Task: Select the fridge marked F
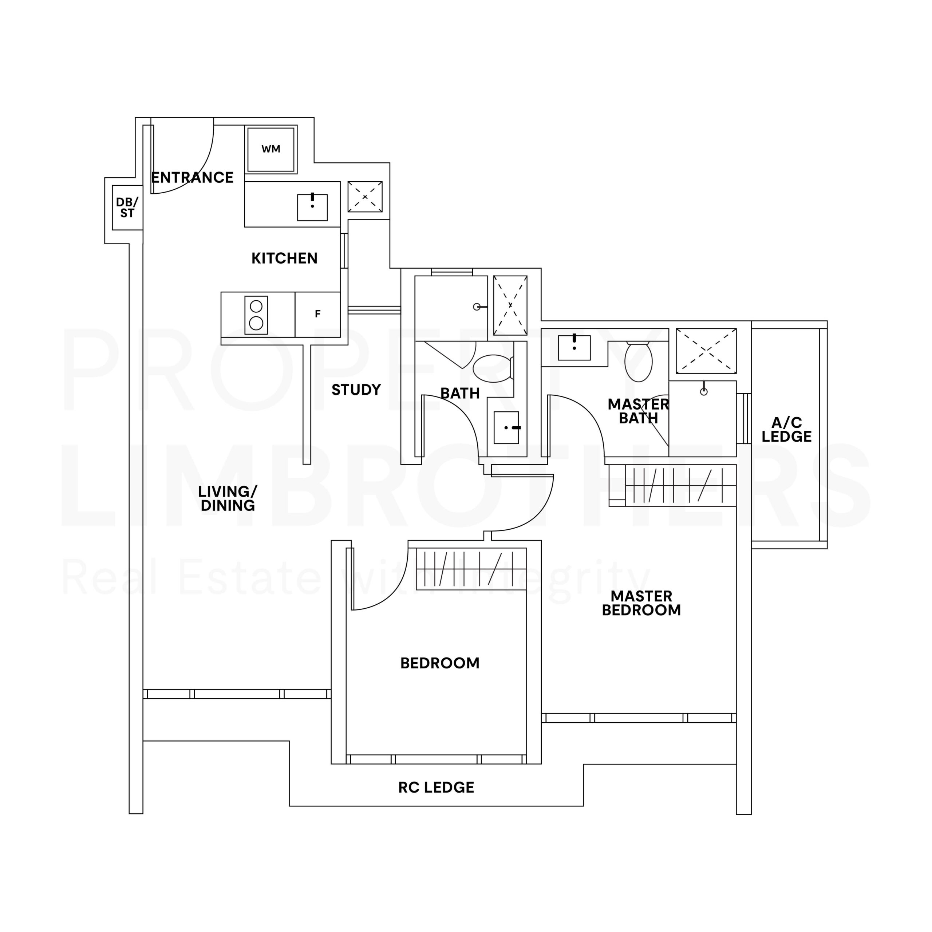tap(317, 314)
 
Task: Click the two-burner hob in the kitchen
tap(256, 315)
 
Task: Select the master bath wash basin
tap(574, 348)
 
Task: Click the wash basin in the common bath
tap(506, 427)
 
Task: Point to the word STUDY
tap(356, 390)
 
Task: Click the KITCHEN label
tap(285, 258)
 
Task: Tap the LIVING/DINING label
tap(228, 498)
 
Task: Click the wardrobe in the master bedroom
tap(672, 485)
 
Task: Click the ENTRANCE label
tap(193, 178)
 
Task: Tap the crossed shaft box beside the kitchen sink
tap(365, 197)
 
